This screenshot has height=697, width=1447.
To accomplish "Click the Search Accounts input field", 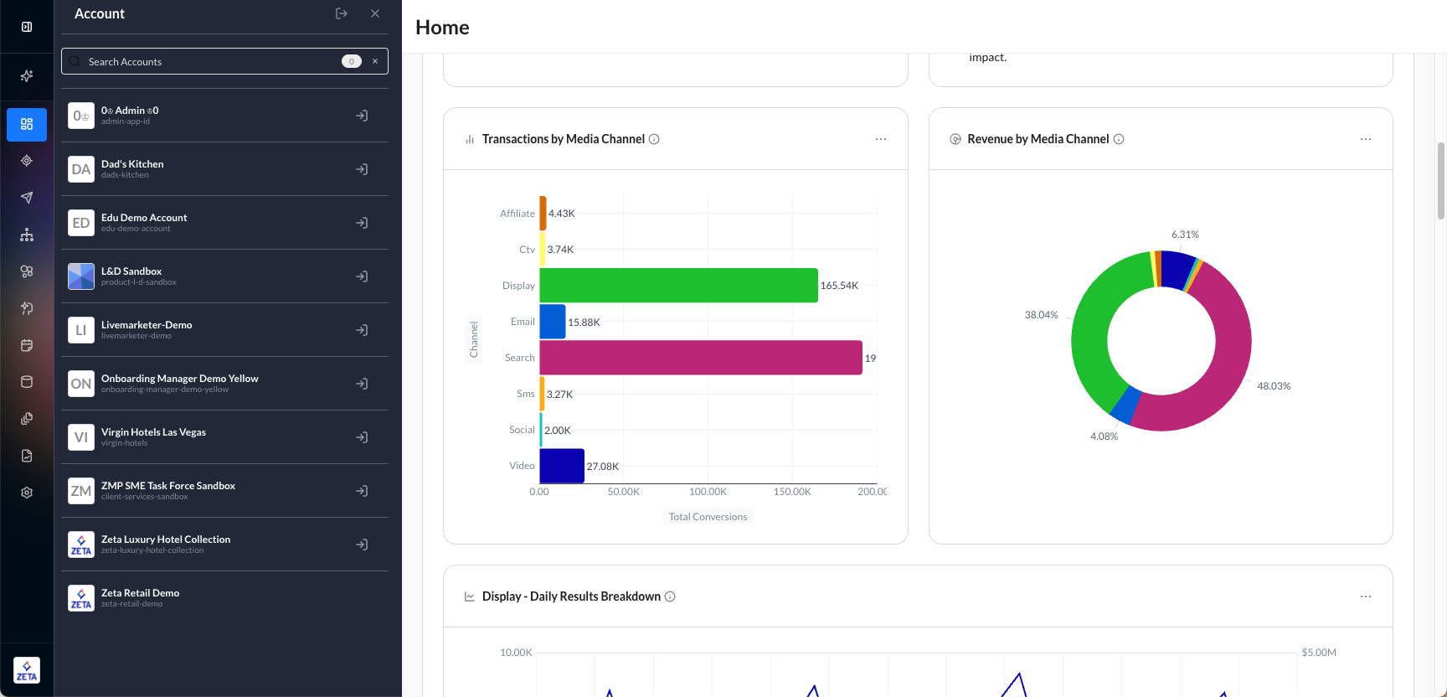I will point(209,61).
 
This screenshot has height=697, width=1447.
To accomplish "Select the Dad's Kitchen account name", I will point(132,164).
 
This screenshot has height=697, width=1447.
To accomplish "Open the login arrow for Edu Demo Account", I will point(362,223).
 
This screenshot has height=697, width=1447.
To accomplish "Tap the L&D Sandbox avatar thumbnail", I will point(81,276).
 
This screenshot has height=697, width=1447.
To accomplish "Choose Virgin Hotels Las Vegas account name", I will point(153,432).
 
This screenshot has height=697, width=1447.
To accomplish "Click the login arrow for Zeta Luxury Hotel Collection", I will point(362,545).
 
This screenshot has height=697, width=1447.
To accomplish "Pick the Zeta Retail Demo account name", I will point(140,593).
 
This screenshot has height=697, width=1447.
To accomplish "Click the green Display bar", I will point(678,286).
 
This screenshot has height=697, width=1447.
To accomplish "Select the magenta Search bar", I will point(700,358).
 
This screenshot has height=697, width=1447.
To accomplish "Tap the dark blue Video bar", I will point(562,466).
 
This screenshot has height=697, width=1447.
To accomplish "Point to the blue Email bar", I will point(553,322).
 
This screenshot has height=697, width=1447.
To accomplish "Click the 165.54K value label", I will point(839,286).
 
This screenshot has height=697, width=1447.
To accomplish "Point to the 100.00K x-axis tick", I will point(708,492).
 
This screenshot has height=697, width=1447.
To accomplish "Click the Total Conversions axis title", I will point(708,517).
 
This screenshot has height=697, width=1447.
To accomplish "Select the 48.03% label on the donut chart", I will point(1274,386).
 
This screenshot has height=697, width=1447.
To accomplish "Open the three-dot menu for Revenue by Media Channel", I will point(1366,139).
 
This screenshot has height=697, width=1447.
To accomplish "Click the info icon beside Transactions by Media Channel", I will point(654,139).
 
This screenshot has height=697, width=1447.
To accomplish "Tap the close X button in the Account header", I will point(375,13).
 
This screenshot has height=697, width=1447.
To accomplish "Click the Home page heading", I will point(442,28).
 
